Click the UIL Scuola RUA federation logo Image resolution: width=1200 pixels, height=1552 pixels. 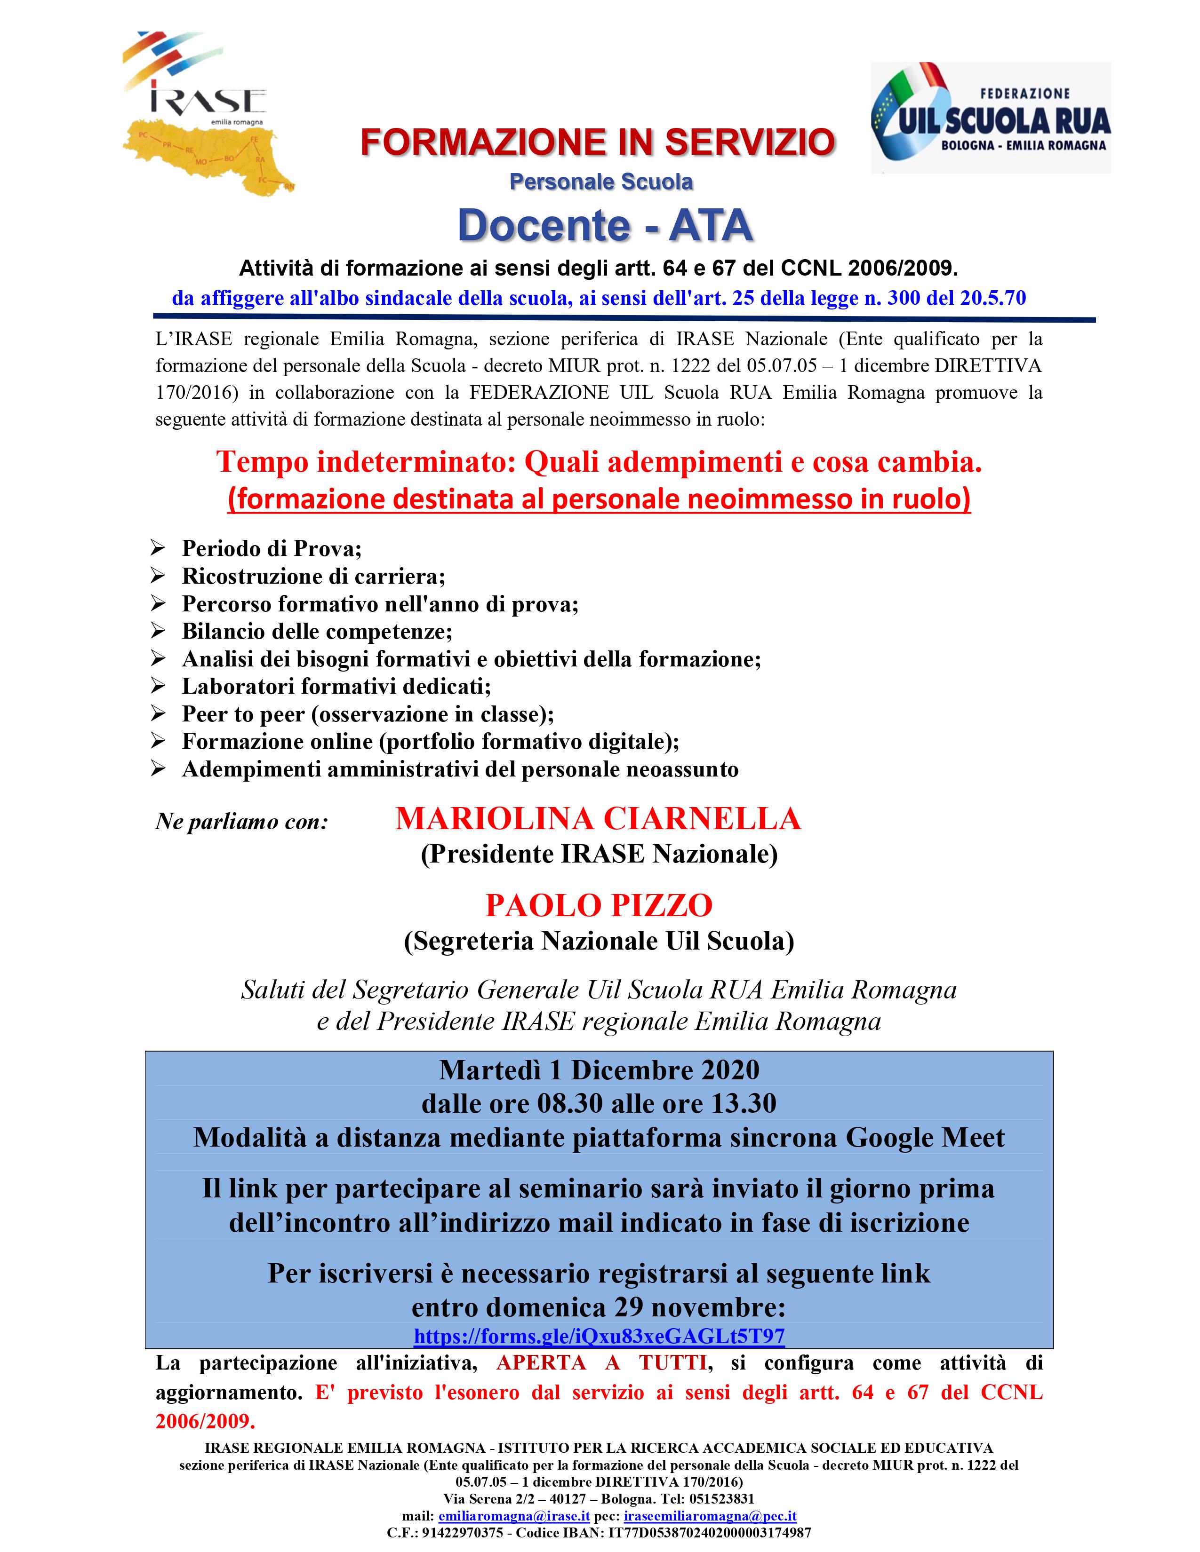990,117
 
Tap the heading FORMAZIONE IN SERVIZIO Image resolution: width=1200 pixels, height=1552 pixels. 598,142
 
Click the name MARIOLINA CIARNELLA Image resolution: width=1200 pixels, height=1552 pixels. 598,819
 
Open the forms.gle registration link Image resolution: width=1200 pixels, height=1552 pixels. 599,1336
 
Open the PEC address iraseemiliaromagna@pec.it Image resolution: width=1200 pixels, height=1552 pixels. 710,1516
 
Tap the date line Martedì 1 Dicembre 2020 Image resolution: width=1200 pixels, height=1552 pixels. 599,1069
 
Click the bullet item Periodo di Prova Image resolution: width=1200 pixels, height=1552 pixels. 272,548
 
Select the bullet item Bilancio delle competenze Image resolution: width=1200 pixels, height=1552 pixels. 317,631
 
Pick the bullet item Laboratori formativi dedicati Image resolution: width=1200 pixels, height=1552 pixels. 336,687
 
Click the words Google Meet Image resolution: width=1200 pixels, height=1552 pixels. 925,1138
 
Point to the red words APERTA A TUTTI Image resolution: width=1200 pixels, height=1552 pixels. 601,1363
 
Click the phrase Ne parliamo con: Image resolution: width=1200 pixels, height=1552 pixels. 242,822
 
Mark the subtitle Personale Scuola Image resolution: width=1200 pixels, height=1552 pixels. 601,182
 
